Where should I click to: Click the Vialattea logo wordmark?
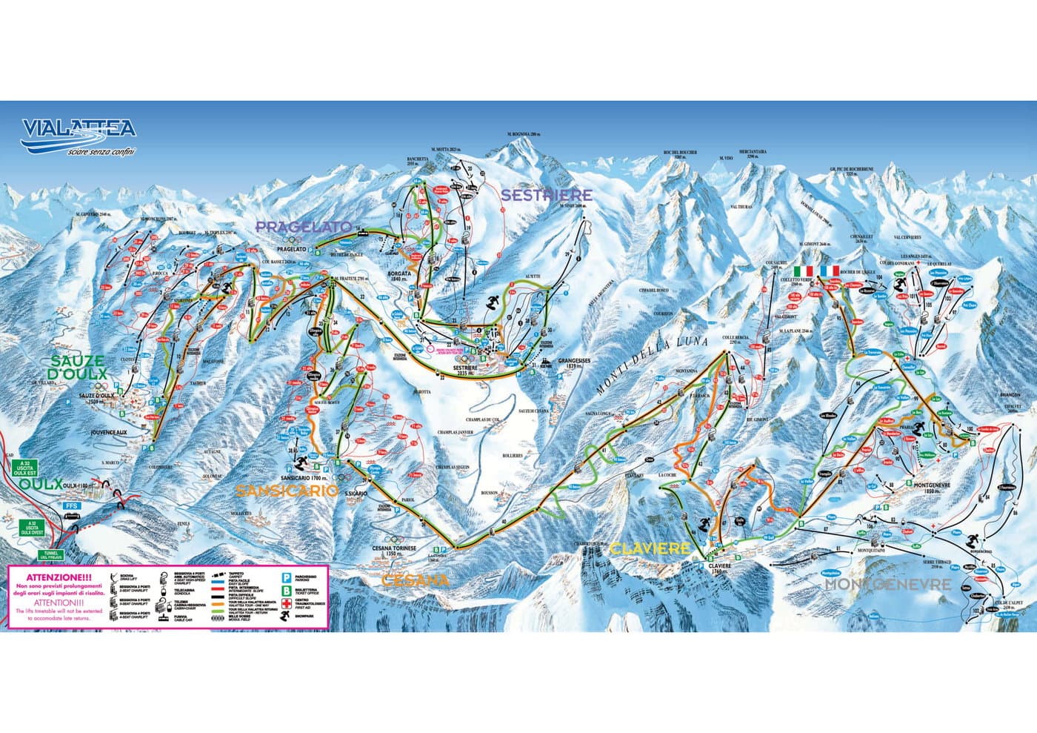(79, 129)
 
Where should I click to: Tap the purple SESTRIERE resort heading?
(547, 195)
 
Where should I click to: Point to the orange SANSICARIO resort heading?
(287, 490)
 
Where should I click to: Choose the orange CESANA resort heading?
(415, 580)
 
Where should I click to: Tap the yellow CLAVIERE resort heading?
(650, 548)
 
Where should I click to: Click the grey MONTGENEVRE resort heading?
(887, 584)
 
